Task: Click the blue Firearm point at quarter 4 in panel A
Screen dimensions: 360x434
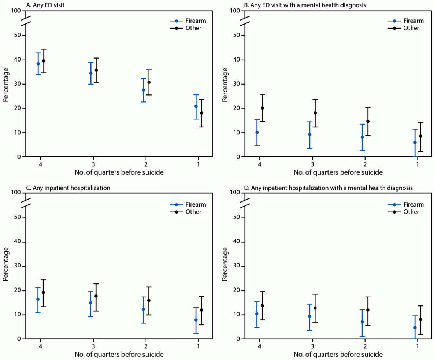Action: coord(38,64)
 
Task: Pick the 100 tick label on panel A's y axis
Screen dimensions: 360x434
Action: coord(16,11)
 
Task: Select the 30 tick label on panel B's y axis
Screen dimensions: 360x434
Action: coord(237,84)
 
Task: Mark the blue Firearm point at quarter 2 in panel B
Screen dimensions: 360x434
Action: coord(362,137)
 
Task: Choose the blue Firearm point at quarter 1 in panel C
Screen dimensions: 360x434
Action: coord(196,320)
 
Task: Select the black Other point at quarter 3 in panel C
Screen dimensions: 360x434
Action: coord(96,296)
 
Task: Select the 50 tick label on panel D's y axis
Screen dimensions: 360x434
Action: coord(237,218)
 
